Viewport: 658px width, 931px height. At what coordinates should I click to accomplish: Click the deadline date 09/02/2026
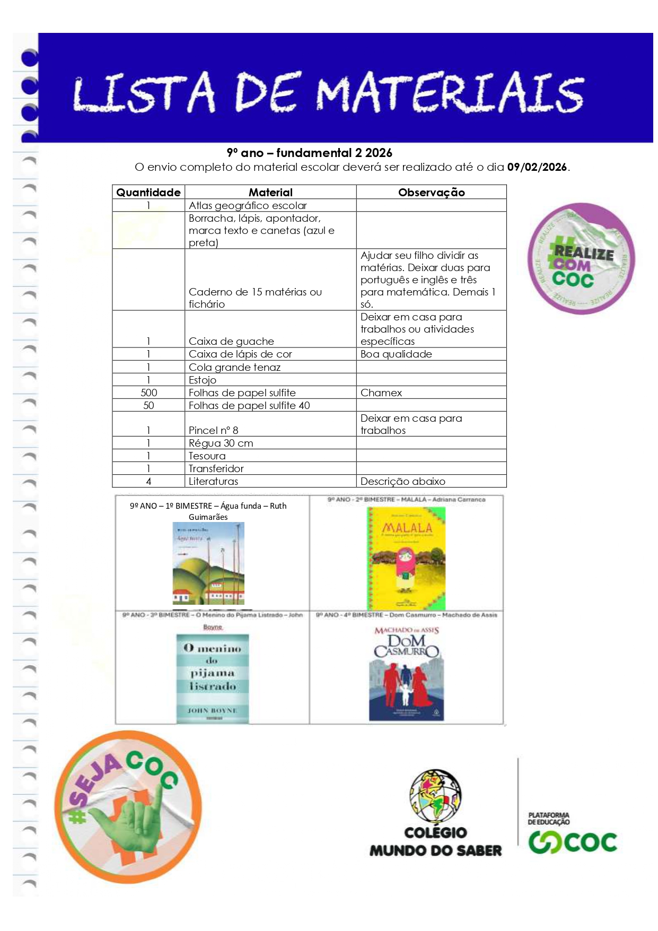pyautogui.click(x=537, y=167)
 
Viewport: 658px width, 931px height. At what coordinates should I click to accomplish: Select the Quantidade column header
pyautogui.click(x=148, y=193)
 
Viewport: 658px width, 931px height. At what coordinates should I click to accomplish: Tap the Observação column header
pyautogui.click(x=431, y=193)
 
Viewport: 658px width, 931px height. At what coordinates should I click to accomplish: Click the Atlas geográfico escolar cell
pyautogui.click(x=248, y=205)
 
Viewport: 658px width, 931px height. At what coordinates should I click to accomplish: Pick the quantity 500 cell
pyautogui.click(x=148, y=393)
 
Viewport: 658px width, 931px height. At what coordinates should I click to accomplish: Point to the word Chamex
pyautogui.click(x=381, y=393)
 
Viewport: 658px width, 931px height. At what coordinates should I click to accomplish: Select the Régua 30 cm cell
pyautogui.click(x=221, y=443)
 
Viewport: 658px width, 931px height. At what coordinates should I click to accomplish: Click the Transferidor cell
pyautogui.click(x=216, y=468)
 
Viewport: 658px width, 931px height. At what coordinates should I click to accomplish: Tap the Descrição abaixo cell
pyautogui.click(x=403, y=481)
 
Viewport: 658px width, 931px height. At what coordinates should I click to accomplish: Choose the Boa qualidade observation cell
pyautogui.click(x=396, y=354)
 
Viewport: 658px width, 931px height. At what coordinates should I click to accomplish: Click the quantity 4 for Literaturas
pyautogui.click(x=148, y=481)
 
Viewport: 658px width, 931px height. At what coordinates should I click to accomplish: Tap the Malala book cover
pyautogui.click(x=407, y=558)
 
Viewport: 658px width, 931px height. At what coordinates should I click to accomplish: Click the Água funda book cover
pyautogui.click(x=208, y=563)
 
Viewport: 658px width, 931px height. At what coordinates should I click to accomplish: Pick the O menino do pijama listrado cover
pyautogui.click(x=212, y=678)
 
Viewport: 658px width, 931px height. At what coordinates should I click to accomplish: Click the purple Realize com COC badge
pyautogui.click(x=581, y=258)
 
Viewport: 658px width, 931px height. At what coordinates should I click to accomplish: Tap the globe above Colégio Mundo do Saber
pyautogui.click(x=435, y=796)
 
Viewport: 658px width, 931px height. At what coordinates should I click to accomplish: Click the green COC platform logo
pyautogui.click(x=573, y=842)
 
